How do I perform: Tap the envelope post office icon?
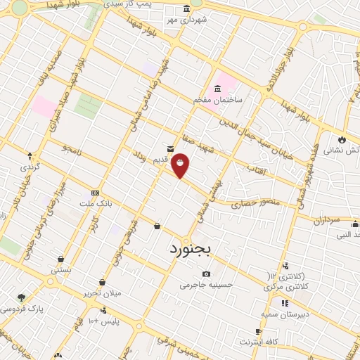[x=171, y=148]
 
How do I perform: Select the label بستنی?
[x=60, y=269]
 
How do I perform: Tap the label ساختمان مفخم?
[x=218, y=100]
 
